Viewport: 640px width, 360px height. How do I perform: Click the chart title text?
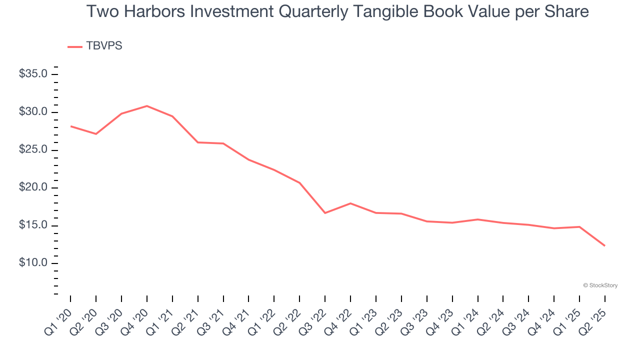point(337,12)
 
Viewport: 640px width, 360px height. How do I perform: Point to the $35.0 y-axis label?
point(33,74)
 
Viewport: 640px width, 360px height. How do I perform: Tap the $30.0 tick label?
point(33,112)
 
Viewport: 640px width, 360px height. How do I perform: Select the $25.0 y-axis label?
point(33,150)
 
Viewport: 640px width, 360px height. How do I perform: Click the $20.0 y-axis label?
point(33,187)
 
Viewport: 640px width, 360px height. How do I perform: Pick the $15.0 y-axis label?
point(33,225)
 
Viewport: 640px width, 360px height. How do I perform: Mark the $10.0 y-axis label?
point(33,263)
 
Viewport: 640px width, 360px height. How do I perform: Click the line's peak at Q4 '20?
point(147,106)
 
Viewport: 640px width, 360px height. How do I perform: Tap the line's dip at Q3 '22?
point(325,213)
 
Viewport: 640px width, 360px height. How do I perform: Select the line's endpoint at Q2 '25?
point(604,245)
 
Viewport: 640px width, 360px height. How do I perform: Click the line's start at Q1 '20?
point(70,126)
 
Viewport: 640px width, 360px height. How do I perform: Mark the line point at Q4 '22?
point(350,203)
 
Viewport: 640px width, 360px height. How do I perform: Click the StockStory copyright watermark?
point(600,285)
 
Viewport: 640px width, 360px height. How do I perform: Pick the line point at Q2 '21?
point(198,142)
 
